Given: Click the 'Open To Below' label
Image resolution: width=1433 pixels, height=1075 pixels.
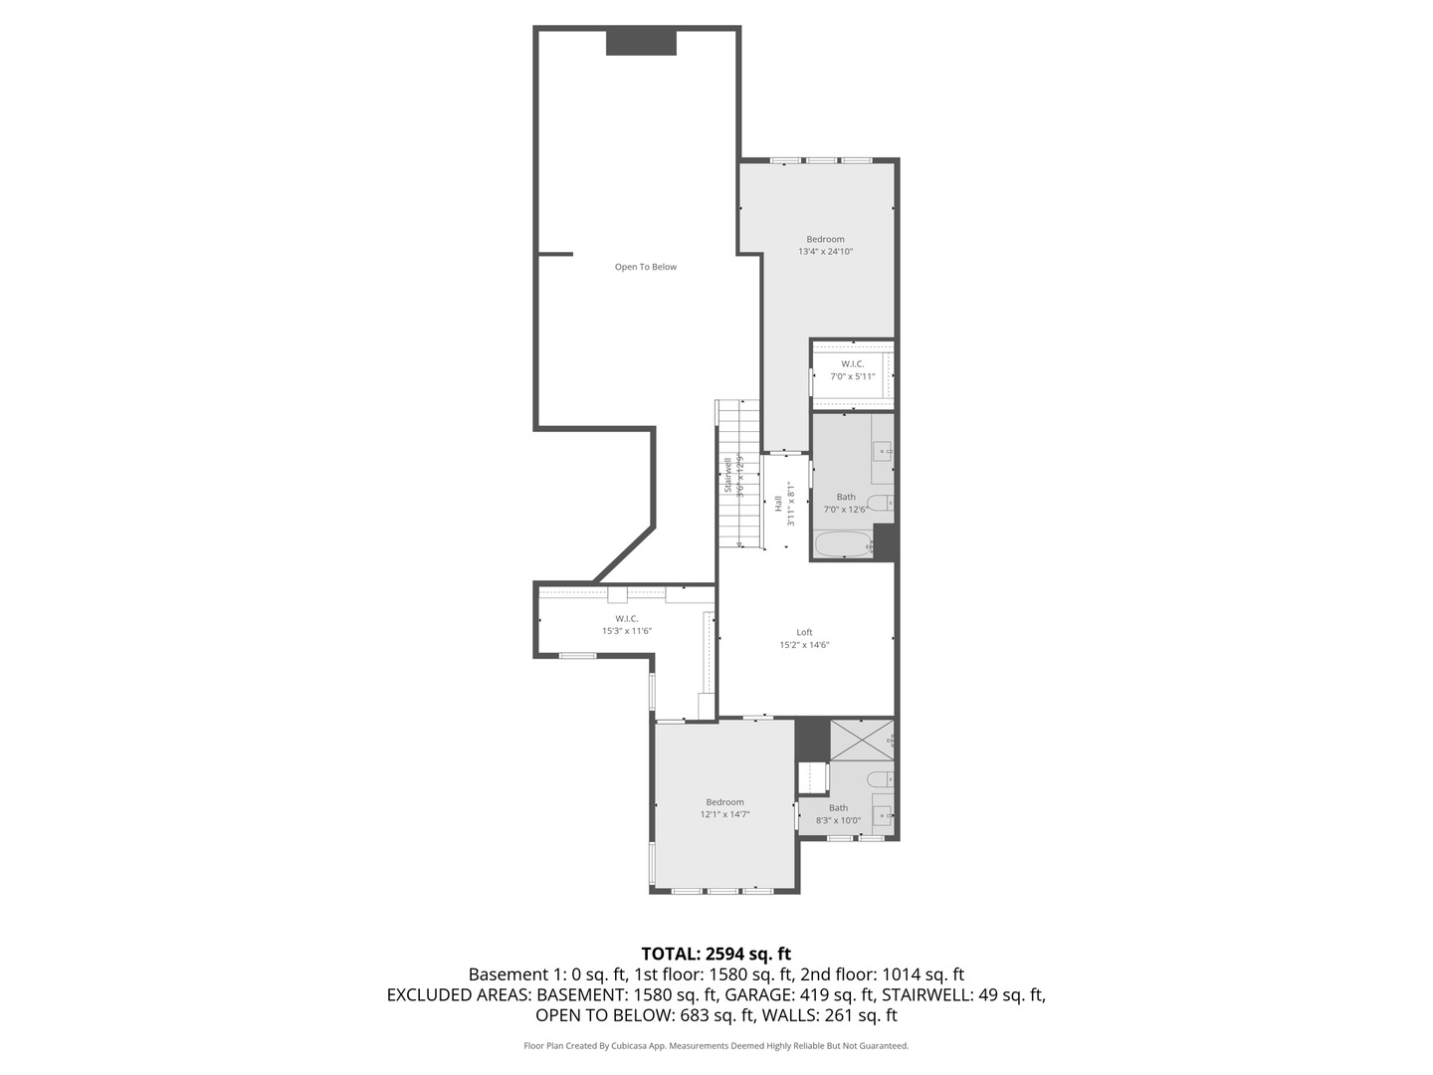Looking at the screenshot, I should coord(645,267).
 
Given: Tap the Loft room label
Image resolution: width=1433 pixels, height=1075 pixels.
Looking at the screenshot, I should coord(804,632).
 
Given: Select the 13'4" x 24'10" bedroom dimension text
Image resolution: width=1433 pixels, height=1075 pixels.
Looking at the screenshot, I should coord(825,252).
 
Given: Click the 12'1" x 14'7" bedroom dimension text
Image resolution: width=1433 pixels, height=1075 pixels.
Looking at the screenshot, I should coord(724,814).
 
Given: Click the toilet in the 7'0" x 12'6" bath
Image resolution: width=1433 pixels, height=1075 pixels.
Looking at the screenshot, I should coord(881,503).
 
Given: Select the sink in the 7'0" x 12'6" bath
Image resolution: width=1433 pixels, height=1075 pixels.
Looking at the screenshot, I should coord(883,452).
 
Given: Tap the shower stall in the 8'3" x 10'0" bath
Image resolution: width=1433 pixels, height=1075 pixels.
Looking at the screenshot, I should coord(860,740).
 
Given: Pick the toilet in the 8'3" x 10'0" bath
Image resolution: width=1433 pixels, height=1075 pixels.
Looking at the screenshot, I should coord(881,778).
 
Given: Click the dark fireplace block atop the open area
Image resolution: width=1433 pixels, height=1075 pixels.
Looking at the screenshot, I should coord(642,43).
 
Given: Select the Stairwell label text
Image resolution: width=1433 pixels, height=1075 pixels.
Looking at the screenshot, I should coord(728,475).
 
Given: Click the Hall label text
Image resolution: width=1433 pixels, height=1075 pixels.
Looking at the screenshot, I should coord(778,504).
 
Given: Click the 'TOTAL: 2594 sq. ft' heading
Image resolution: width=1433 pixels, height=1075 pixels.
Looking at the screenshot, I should coord(716,954).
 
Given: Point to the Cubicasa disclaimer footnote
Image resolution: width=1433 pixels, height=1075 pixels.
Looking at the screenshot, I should coord(716,1046).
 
